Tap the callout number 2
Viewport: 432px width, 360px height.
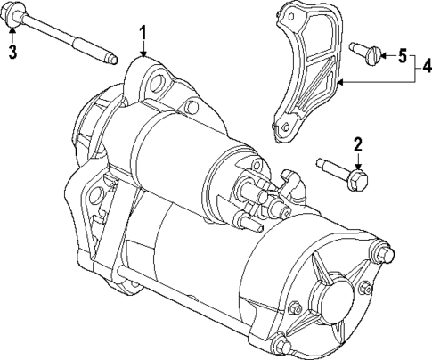click(357, 144)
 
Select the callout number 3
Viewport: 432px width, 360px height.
click(12, 52)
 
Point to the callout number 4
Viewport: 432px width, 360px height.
click(426, 65)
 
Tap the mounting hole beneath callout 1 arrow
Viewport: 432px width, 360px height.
click(159, 86)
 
